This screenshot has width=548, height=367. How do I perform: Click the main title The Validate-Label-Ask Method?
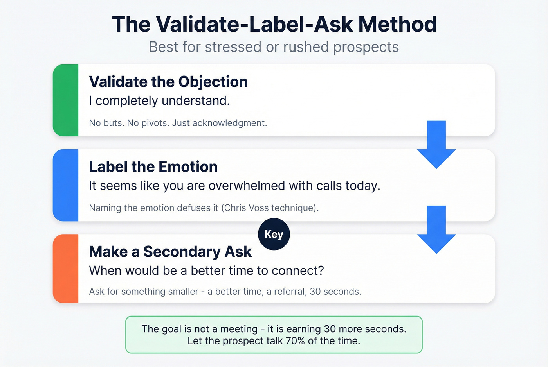click(274, 24)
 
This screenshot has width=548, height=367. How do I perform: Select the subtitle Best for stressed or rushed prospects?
click(274, 47)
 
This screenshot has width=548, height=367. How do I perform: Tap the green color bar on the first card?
click(66, 100)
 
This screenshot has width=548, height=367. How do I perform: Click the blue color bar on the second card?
click(66, 185)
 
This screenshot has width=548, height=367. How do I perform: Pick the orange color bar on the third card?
click(66, 269)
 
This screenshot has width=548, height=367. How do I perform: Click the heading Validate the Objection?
click(168, 82)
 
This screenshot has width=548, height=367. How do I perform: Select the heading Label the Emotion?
click(153, 167)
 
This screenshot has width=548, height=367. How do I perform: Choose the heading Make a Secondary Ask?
click(170, 252)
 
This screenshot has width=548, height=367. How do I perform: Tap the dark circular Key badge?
click(274, 234)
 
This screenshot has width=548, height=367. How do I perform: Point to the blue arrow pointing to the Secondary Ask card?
click(436, 230)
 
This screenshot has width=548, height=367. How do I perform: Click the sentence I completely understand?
click(159, 101)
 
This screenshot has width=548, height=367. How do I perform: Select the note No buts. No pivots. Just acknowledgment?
click(178, 123)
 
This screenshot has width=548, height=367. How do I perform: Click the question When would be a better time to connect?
click(206, 270)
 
